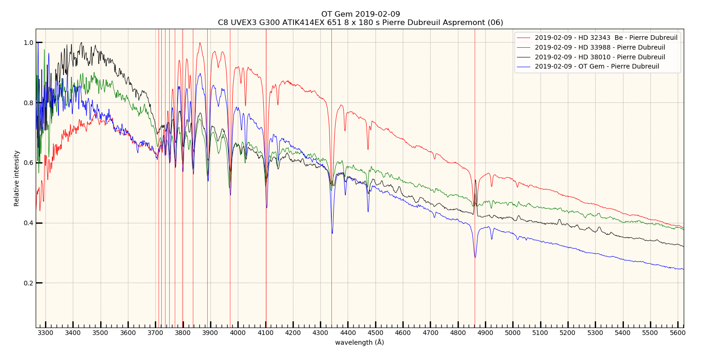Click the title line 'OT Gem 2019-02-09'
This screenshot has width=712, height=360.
(360, 14)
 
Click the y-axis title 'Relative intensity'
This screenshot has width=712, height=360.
(17, 178)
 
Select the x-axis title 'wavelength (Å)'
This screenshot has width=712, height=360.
(359, 342)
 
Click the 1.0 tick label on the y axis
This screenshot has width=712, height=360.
(28, 43)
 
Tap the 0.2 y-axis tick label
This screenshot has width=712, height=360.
(28, 283)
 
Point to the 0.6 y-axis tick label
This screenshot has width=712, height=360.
(28, 163)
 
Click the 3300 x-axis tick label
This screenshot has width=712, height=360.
(45, 333)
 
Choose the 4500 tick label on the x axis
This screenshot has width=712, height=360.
(375, 333)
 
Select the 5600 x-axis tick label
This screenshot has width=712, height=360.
(678, 333)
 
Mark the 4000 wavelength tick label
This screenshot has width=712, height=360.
(238, 333)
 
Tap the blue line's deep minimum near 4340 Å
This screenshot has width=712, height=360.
(332, 233)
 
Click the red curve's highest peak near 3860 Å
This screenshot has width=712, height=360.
(200, 43)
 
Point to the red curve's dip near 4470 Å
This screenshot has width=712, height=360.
(368, 149)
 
